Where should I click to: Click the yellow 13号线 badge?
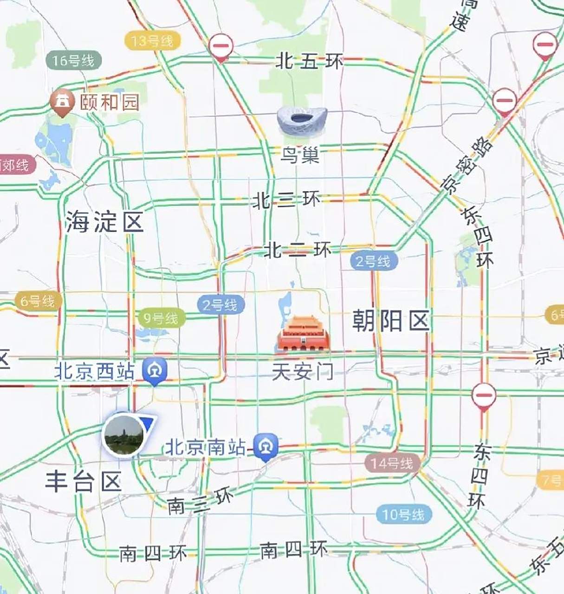point(152,41)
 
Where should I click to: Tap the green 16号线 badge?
point(73,60)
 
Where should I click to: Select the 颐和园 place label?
point(110,102)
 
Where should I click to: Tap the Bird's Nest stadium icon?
point(302,120)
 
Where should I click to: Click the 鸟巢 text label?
point(300,155)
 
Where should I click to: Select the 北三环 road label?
point(286,200)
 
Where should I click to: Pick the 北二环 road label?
point(298,250)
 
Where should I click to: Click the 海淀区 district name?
point(104,222)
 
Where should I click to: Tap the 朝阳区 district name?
point(390,321)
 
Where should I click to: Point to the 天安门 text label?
point(302,372)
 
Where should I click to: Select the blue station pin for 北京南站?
point(267,447)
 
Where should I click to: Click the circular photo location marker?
point(123,435)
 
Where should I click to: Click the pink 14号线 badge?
point(392,463)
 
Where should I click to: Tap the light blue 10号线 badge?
point(404,514)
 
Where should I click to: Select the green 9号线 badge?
point(161,318)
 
